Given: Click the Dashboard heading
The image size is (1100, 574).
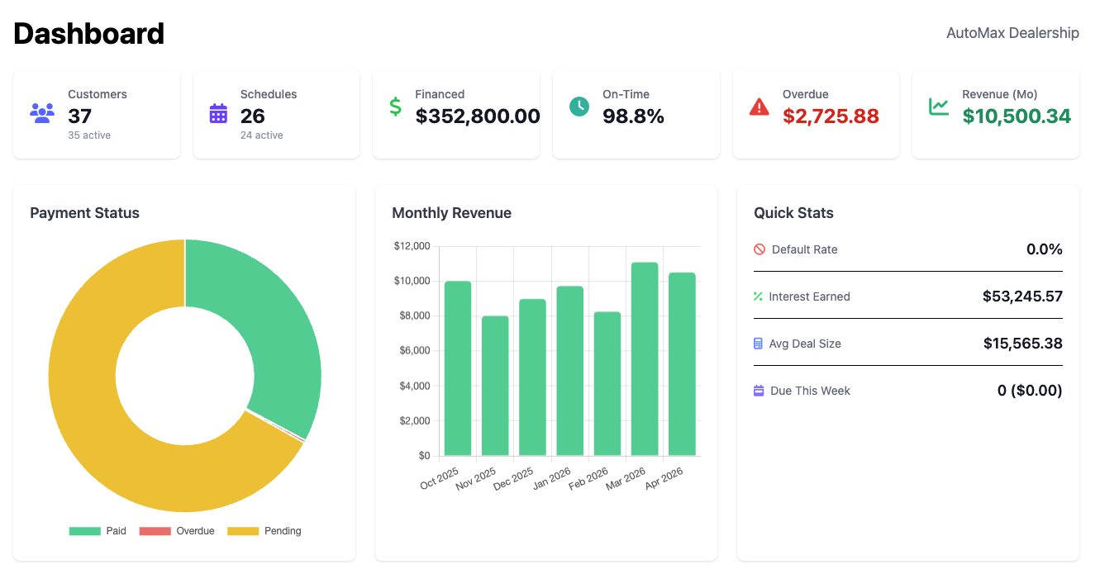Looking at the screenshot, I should click(x=89, y=34).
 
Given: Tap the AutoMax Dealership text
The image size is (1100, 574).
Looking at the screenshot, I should click(x=1012, y=33).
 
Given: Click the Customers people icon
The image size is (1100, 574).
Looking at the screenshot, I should click(x=42, y=112).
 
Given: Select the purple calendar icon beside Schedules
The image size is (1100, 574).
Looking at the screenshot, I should click(x=218, y=113).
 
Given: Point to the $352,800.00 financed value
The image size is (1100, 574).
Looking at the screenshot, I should click(x=478, y=116).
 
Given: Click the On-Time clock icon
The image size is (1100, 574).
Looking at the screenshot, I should click(x=579, y=107).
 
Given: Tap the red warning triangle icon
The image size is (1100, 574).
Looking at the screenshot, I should click(x=759, y=107).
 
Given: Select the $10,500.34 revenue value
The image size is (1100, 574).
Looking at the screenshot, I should click(x=1017, y=116).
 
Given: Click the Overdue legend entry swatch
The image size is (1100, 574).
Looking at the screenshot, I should click(x=155, y=531).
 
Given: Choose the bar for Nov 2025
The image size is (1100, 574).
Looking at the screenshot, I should click(x=495, y=386).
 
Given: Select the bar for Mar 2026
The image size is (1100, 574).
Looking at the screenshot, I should click(x=645, y=359).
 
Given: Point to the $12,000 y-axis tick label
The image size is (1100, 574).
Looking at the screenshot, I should click(x=412, y=246).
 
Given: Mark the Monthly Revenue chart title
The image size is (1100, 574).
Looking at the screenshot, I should click(x=451, y=213).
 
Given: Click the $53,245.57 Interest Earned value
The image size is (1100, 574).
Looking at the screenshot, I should click(x=1022, y=296).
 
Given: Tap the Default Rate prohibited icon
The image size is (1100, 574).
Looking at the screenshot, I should click(x=760, y=249).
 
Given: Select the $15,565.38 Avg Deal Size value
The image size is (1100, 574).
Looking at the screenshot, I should click(x=1022, y=344).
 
